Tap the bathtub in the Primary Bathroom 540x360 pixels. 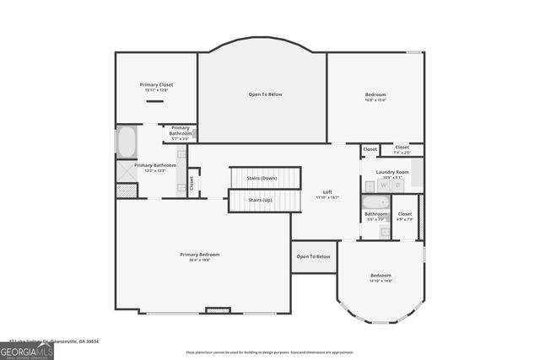click(x=127, y=141)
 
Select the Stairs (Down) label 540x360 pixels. click(x=262, y=179)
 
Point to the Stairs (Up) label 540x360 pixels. click(x=260, y=200)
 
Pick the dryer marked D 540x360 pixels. click(x=397, y=185)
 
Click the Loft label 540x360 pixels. click(x=327, y=194)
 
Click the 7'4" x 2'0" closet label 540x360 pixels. click(x=402, y=150)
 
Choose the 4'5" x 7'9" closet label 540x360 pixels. click(x=405, y=217)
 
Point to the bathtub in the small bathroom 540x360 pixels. click(x=375, y=202)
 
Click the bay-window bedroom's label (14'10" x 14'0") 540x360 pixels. click(x=381, y=278)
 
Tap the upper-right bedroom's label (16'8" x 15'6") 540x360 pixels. click(x=375, y=97)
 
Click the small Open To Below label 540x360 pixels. click(x=313, y=256)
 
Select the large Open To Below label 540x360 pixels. click(x=265, y=94)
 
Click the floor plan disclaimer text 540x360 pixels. click(x=269, y=352)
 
